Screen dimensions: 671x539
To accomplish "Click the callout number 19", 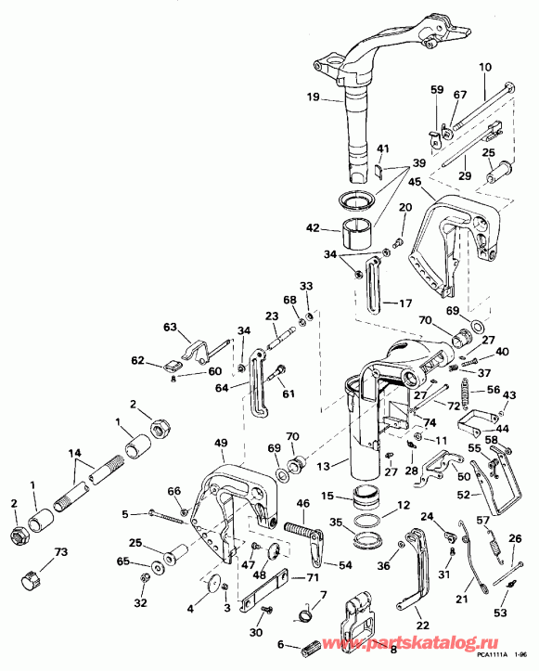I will click(313, 96).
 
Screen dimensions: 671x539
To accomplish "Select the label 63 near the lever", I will click(169, 328).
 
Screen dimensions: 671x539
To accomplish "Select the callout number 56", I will click(493, 390).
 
